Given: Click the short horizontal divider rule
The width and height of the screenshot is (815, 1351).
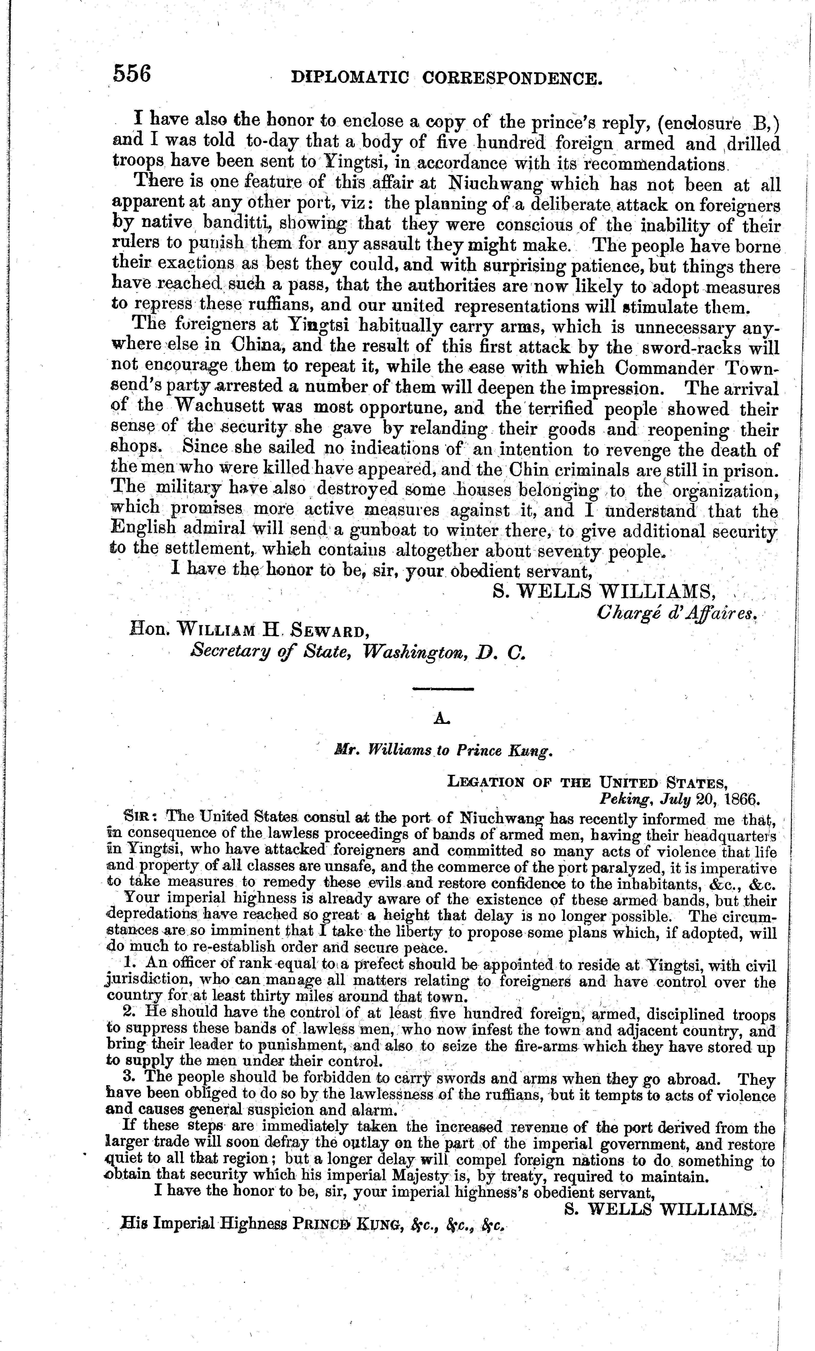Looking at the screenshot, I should (443, 689).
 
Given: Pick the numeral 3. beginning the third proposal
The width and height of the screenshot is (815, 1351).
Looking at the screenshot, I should (130, 1078).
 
